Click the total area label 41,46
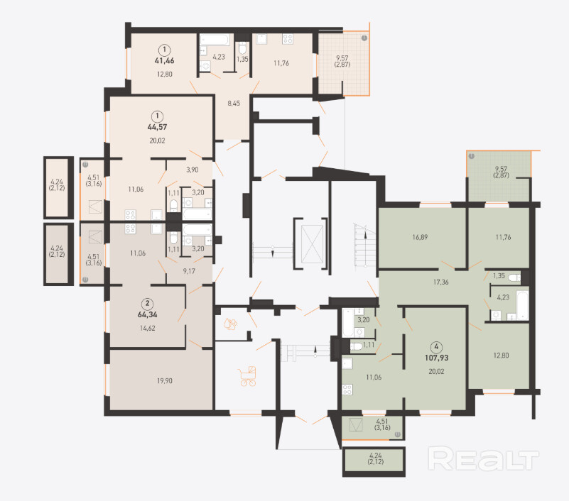point(164,60)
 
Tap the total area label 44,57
point(157,127)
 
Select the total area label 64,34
point(147,314)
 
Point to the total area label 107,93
point(437,358)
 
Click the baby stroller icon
point(247,376)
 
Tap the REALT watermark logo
point(483,458)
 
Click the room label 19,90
point(165,380)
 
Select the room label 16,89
point(420,237)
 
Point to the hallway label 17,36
point(440,282)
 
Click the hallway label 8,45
point(234,104)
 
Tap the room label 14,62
point(147,328)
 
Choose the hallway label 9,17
point(189,271)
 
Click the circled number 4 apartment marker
point(436,346)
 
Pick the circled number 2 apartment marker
point(147,303)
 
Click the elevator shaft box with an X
point(312,243)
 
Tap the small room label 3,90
point(193,170)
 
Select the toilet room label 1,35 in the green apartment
point(499,275)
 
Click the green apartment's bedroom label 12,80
point(501,356)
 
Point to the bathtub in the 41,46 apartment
point(215,40)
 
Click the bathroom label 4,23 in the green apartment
point(503,297)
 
